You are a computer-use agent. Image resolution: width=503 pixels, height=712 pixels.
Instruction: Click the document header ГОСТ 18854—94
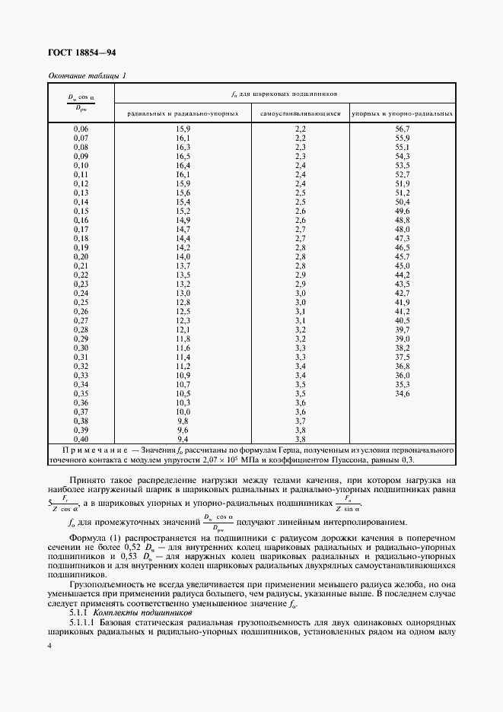[82, 53]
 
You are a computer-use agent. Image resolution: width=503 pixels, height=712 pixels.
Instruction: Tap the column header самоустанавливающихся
[300, 113]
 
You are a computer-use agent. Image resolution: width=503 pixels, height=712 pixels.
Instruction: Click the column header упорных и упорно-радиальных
[403, 113]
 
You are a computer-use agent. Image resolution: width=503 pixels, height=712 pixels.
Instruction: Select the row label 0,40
[81, 439]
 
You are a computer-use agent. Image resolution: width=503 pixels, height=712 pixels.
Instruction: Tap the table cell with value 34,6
[403, 393]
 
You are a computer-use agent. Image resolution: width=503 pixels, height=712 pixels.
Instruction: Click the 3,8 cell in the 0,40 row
[300, 439]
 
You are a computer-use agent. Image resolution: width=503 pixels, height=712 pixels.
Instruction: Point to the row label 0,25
[81, 302]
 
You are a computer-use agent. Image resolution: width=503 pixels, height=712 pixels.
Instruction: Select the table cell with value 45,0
[403, 265]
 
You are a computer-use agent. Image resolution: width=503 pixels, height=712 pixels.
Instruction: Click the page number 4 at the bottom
[49, 645]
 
